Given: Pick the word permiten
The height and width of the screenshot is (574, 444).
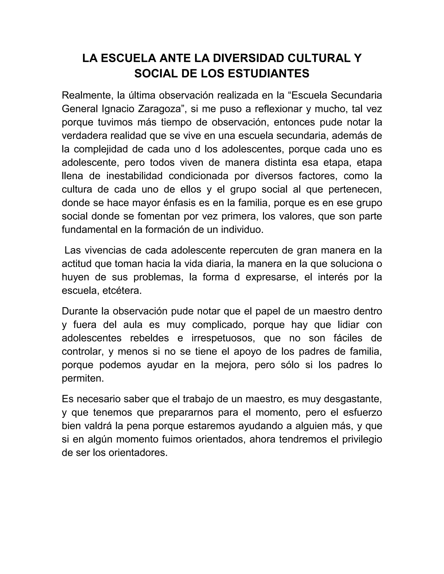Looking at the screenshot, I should coord(83,378).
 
